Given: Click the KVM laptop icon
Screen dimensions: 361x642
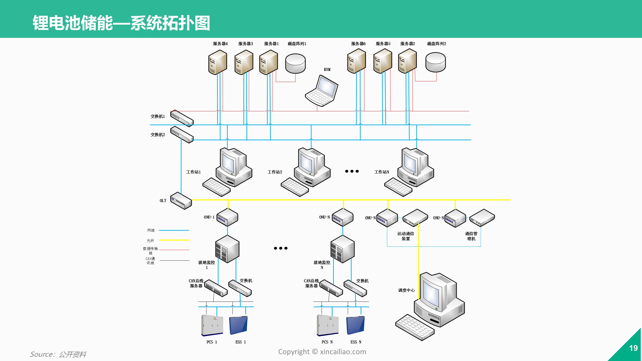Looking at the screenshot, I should point(322,91).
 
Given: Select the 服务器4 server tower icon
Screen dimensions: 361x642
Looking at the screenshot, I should point(218,62).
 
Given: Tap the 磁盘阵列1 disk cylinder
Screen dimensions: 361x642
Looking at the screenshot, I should point(295,63).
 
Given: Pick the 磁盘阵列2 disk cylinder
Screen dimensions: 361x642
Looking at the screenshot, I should point(436,62).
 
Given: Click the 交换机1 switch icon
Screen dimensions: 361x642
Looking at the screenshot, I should point(182,118).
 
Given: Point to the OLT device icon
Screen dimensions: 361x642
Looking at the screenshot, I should point(181,201).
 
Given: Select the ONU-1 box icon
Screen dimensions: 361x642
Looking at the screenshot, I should point(227,217).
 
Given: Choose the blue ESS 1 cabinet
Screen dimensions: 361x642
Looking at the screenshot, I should point(238,325).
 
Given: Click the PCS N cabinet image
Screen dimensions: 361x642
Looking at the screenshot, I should point(328,325).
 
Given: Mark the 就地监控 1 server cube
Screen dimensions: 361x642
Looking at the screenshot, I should point(227,249).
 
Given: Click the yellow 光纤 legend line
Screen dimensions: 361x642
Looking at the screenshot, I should point(174,240).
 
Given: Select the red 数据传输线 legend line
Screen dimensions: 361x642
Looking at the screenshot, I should point(174,250).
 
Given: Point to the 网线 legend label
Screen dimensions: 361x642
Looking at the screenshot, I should point(151,230).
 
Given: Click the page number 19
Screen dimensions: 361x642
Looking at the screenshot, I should point(633,348).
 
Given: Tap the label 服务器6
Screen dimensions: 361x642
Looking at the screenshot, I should point(358,44).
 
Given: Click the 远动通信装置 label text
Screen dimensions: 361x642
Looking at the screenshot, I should point(406,236).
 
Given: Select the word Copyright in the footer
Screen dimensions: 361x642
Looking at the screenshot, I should point(294,352).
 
